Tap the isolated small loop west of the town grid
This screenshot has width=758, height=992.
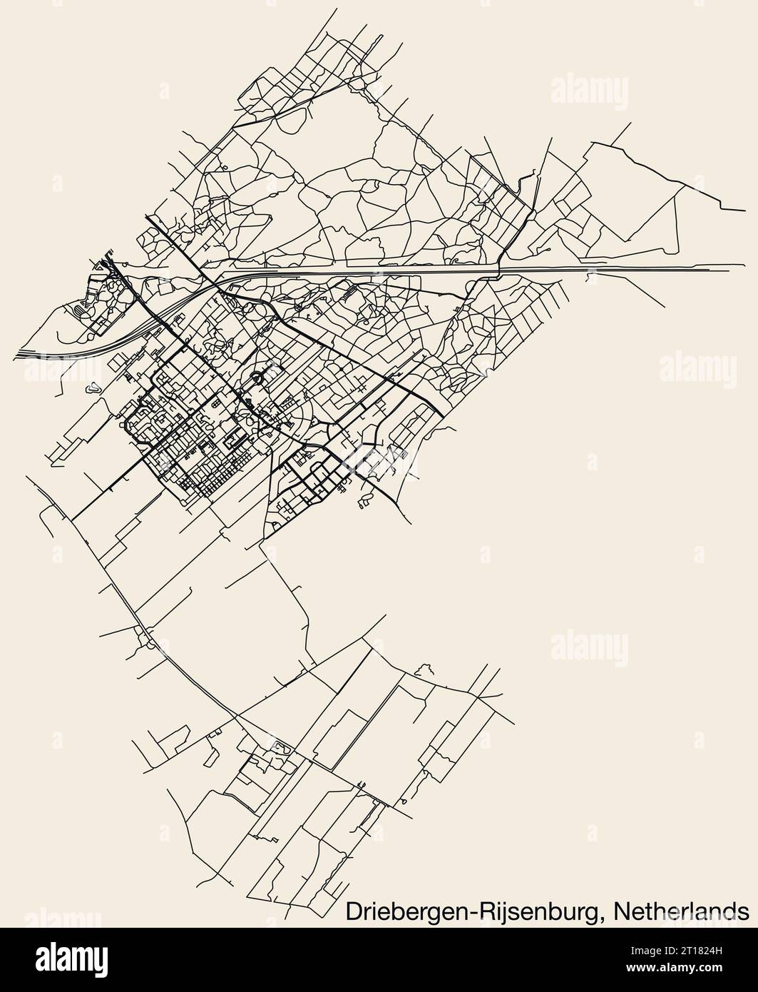pos(91,390)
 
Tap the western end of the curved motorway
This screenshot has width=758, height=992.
pos(16,353)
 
